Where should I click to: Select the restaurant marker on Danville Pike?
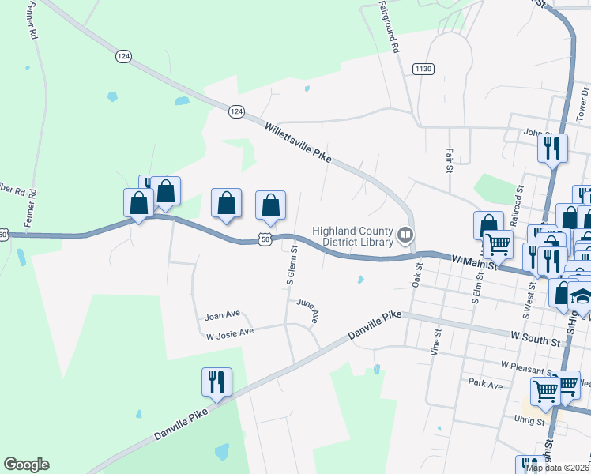click(216, 382)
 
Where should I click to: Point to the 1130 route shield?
click(423, 70)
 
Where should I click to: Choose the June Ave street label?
click(309, 310)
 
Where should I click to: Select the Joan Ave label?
click(222, 314)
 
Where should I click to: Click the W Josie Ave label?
click(230, 333)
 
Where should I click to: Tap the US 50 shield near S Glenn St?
click(265, 239)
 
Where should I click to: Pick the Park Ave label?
click(485, 385)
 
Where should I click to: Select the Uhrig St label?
click(529, 421)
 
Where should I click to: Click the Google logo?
click(26, 465)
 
